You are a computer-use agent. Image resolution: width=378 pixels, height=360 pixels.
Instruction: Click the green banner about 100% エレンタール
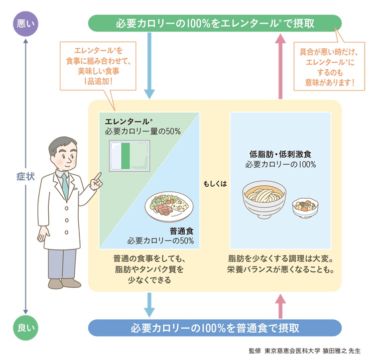point(214,23)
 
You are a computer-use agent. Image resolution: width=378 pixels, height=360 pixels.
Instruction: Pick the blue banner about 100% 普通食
point(214,328)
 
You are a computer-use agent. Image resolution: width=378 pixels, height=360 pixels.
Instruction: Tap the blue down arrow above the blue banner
point(149,304)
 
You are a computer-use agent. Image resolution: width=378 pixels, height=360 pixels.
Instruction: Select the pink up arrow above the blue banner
point(280,304)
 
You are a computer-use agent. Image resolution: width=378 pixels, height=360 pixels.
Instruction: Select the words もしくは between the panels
point(215,183)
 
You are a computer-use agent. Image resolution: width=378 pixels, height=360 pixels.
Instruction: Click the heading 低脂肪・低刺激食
point(280,154)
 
